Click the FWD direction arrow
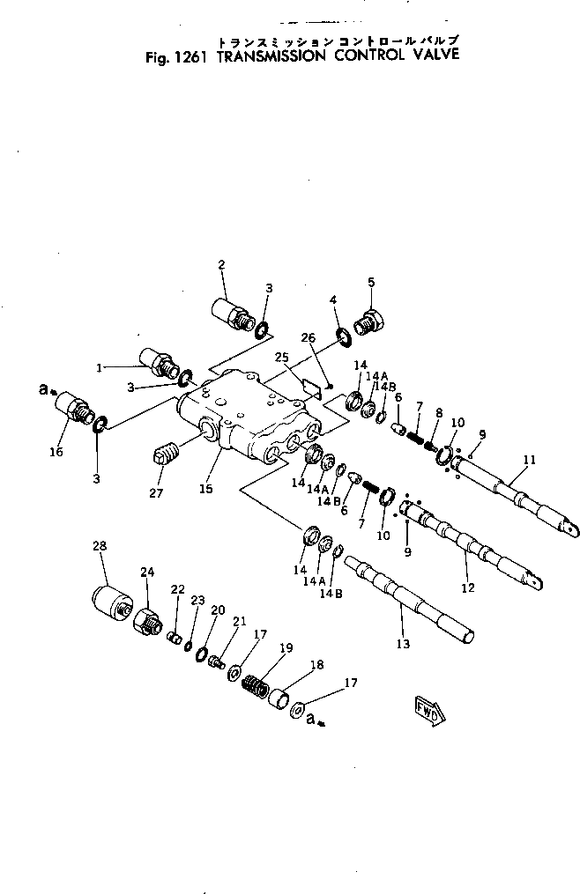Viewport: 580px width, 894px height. coord(428,707)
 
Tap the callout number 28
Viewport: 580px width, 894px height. coord(100,546)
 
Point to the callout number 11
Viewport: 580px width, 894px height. coord(529,459)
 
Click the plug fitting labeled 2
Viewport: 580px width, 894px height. coord(233,314)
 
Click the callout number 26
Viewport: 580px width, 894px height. coord(308,336)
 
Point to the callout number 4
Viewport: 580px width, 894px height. coord(334,300)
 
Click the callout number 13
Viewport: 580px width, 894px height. coord(403,645)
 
